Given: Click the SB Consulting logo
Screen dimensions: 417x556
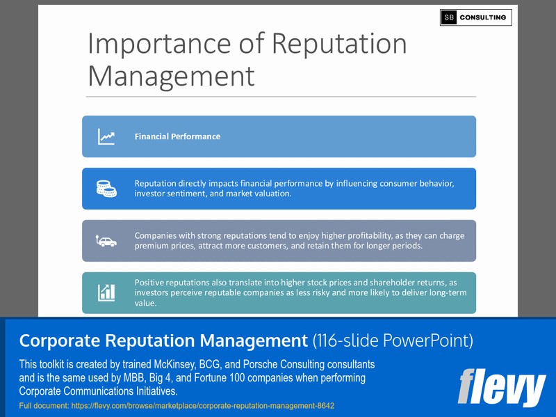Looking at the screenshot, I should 475,17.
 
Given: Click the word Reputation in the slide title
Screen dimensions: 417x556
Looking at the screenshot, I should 339,43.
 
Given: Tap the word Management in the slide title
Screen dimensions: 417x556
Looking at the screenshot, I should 171,76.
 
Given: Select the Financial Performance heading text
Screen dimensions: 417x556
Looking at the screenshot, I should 177,136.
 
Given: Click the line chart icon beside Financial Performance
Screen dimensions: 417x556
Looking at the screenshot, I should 106,136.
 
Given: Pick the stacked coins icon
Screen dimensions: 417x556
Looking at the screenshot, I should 106,189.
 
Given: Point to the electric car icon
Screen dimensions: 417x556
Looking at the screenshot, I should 106,241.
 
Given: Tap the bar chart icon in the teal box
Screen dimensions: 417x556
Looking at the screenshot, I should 106,292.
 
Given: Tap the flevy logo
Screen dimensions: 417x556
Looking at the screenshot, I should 501,387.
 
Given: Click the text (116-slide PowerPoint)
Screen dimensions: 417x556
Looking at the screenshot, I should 393,340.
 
